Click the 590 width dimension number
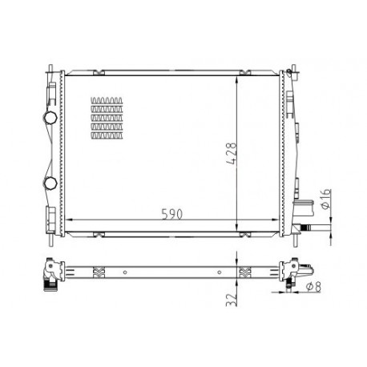tap(172, 214)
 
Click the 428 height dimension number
tap(232, 153)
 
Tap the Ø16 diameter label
tap(326, 200)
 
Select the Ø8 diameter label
tap(313, 287)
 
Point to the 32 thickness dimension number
tap(232, 300)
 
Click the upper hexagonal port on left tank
tap(50, 118)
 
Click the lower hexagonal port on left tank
tap(50, 183)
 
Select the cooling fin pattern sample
tap(107, 118)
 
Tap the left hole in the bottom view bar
tap(125, 272)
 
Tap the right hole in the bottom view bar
tap(220, 272)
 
